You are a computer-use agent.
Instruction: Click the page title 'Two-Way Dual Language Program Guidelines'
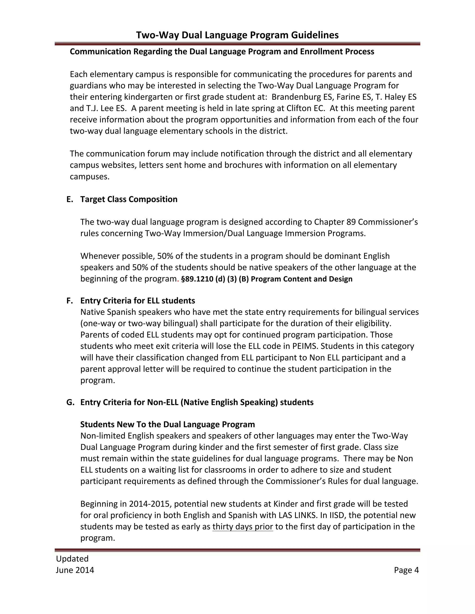(x=237, y=35)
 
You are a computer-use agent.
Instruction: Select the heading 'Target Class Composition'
(x=129, y=199)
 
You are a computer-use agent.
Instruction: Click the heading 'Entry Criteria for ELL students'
(x=138, y=301)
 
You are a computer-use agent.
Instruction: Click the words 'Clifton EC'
(x=305, y=108)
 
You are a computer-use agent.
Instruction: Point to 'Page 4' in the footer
(x=406, y=570)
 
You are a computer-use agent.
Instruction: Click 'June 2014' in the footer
(x=75, y=570)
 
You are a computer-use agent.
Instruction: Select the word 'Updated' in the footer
(x=72, y=559)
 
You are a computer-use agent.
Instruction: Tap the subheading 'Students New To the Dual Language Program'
(x=167, y=424)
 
